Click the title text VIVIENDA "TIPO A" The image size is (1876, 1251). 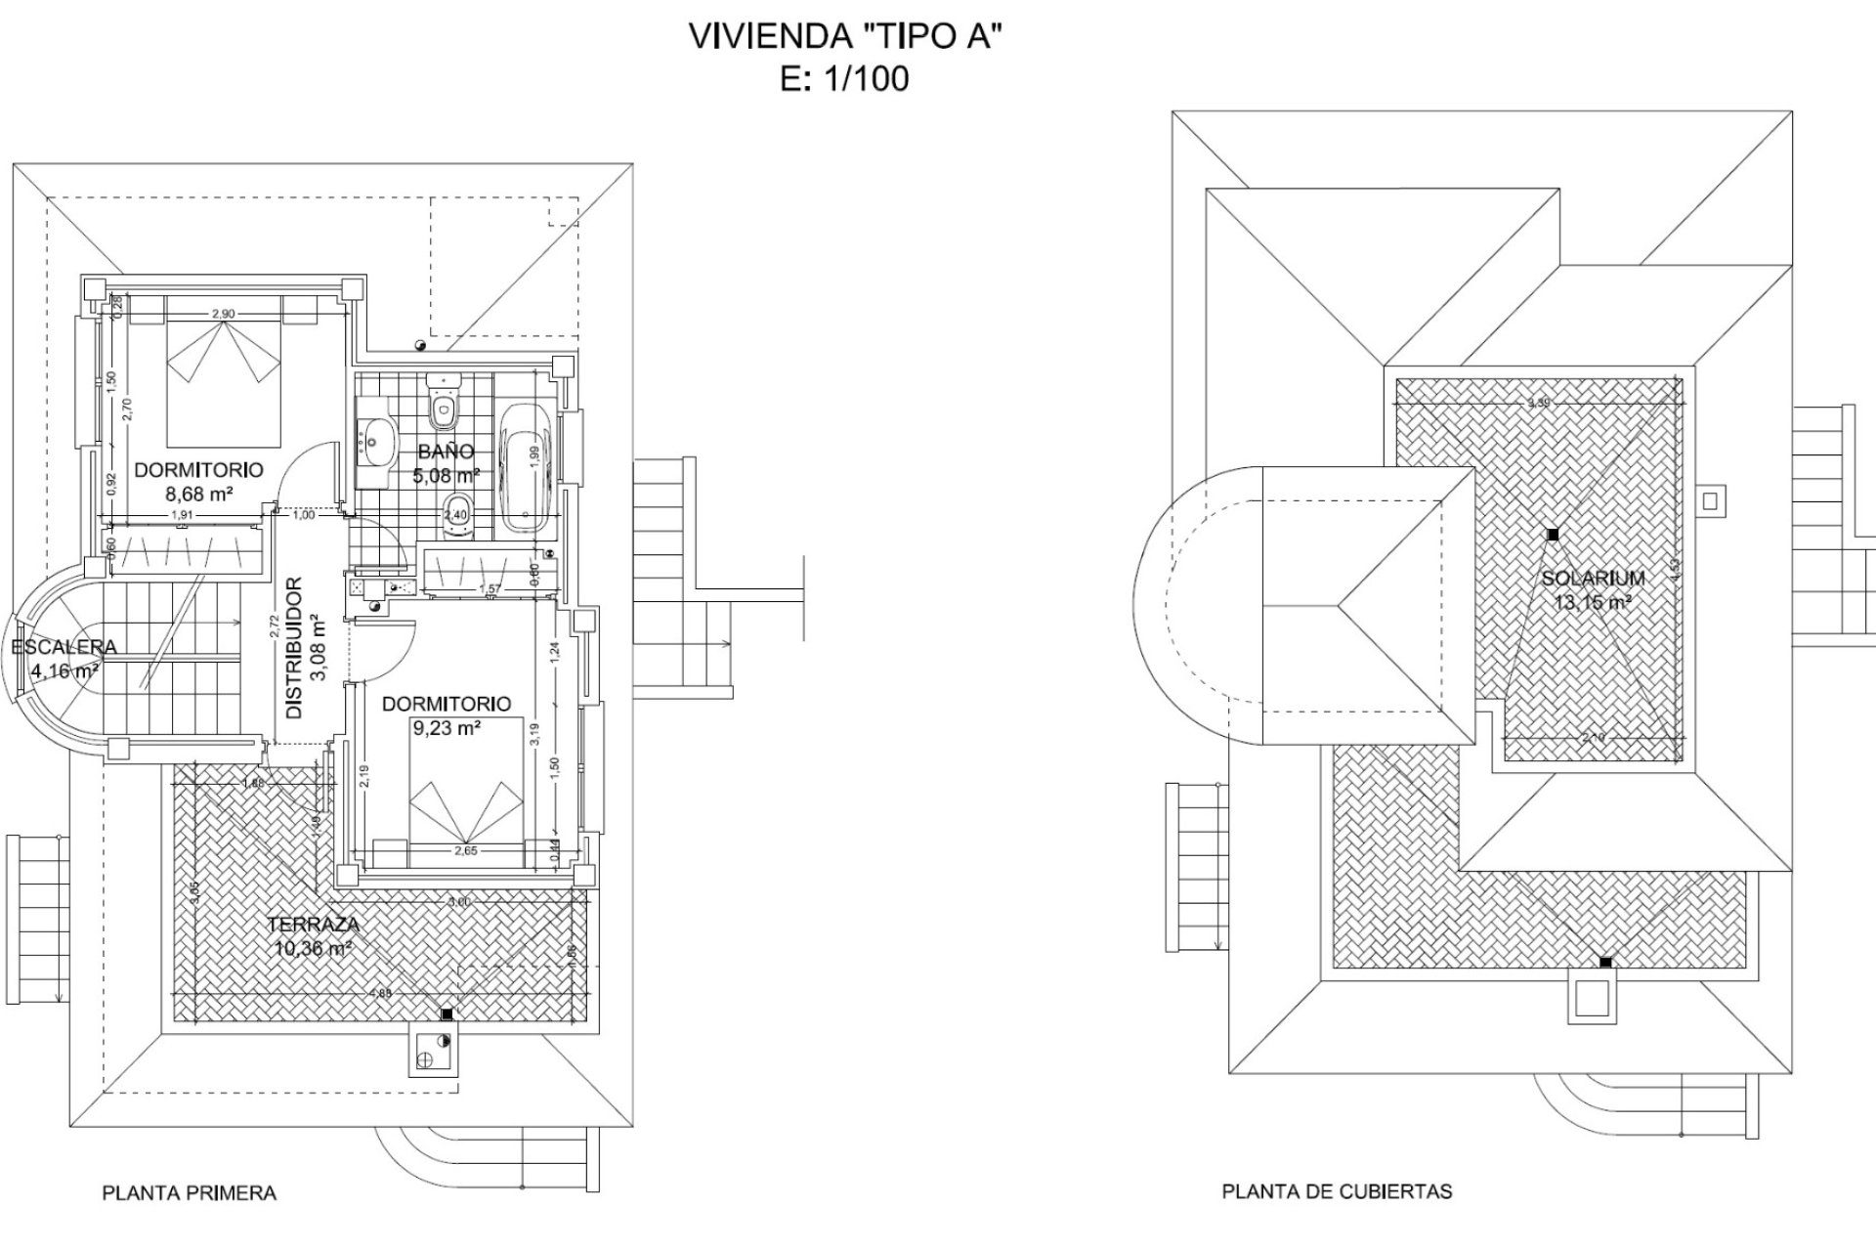coord(846,36)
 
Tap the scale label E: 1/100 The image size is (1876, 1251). coord(845,78)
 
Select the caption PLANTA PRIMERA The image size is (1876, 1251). coord(190,1193)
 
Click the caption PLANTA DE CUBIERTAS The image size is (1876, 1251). coord(1337,1191)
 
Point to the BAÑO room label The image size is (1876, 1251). coord(446,452)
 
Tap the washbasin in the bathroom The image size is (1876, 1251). coord(375,442)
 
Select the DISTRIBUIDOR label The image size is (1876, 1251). coord(294,648)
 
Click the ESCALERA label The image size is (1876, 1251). coord(64,647)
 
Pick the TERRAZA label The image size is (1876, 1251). coord(313,925)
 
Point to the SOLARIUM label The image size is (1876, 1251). coord(1593,579)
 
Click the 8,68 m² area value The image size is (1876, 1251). coord(199,495)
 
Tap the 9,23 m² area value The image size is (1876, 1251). coord(446,727)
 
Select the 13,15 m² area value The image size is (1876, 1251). coord(1593,603)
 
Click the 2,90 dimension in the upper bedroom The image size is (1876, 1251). coord(223,314)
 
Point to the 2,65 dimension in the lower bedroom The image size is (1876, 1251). coord(466,851)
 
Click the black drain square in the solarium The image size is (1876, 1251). coord(1552,535)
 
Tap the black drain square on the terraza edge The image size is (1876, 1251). coord(448,1014)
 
